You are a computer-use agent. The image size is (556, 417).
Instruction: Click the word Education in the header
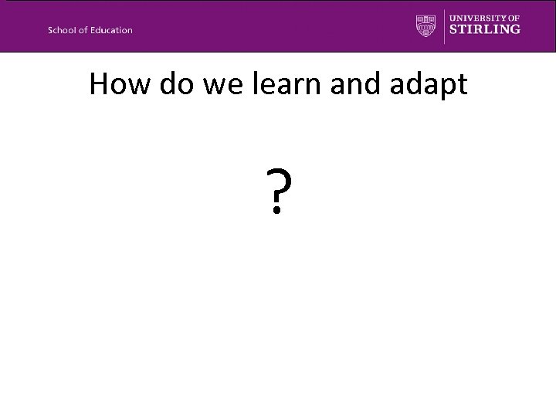tap(111, 30)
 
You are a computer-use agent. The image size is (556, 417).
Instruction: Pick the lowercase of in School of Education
tap(84, 30)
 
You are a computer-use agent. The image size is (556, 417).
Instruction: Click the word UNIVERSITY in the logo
tap(476, 17)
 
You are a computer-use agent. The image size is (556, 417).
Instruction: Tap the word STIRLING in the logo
tap(485, 29)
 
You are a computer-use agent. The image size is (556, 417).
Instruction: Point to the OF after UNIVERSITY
tap(513, 17)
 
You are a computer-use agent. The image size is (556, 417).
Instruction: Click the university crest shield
tap(426, 25)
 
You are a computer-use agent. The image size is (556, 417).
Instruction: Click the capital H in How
tap(99, 84)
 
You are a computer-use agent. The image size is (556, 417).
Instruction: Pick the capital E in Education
tap(94, 30)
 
